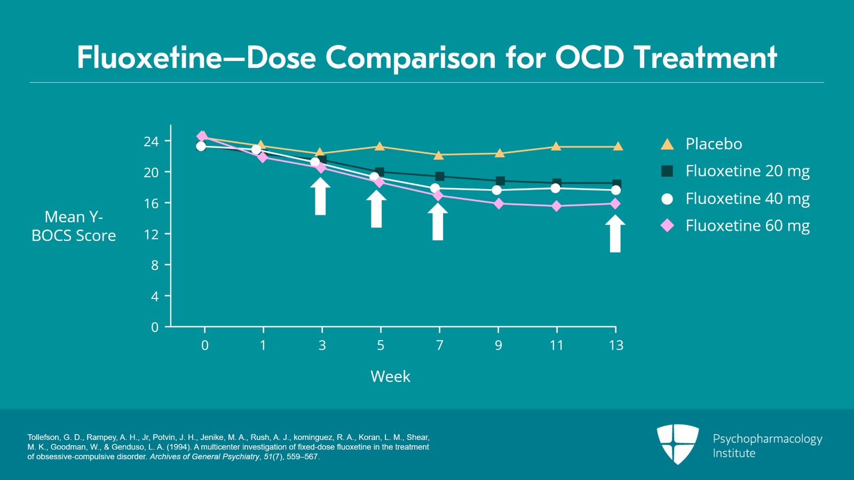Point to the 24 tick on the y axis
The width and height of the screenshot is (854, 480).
click(152, 141)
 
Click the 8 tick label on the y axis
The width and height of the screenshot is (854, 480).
click(155, 265)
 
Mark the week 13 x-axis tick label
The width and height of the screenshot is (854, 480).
click(616, 345)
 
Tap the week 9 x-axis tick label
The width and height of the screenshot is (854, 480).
click(498, 345)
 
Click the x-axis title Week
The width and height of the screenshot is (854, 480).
click(390, 376)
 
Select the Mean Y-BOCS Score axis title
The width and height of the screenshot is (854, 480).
click(74, 226)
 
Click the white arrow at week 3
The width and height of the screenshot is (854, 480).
click(320, 196)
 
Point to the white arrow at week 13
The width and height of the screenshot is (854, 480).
click(615, 233)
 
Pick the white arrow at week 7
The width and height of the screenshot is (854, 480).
click(438, 222)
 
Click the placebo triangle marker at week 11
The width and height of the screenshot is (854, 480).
click(556, 146)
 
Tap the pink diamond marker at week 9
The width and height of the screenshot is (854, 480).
click(499, 203)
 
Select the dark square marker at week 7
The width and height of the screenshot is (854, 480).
click(440, 176)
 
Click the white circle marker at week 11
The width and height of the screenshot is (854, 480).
click(556, 188)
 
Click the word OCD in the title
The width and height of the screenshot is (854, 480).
click(589, 57)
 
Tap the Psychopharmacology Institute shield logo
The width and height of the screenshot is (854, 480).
click(677, 444)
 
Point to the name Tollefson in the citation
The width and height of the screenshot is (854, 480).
click(43, 437)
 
